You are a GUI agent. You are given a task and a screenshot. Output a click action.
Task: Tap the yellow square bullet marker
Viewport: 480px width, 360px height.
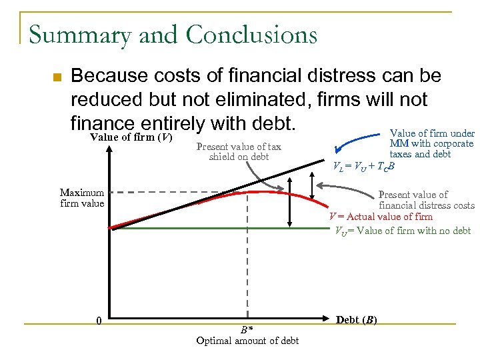(57, 78)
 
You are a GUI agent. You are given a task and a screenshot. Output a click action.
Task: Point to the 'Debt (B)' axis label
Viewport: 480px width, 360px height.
(357, 320)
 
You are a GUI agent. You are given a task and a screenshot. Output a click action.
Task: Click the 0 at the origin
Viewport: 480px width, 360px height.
(99, 321)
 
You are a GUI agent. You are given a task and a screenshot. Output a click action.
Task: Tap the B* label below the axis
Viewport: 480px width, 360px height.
(247, 329)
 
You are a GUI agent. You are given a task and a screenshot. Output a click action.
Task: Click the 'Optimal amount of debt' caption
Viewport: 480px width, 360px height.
(247, 341)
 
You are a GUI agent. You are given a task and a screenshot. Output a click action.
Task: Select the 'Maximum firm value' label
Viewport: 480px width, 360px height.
(82, 198)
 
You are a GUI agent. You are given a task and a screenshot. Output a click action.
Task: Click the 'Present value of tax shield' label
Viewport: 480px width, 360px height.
(239, 151)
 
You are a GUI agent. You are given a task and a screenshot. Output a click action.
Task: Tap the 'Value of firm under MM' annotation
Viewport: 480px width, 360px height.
(431, 143)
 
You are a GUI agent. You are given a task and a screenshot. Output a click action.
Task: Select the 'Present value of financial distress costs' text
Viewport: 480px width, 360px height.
(425, 200)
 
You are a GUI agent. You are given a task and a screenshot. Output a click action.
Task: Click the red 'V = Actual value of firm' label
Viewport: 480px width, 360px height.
(381, 217)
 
